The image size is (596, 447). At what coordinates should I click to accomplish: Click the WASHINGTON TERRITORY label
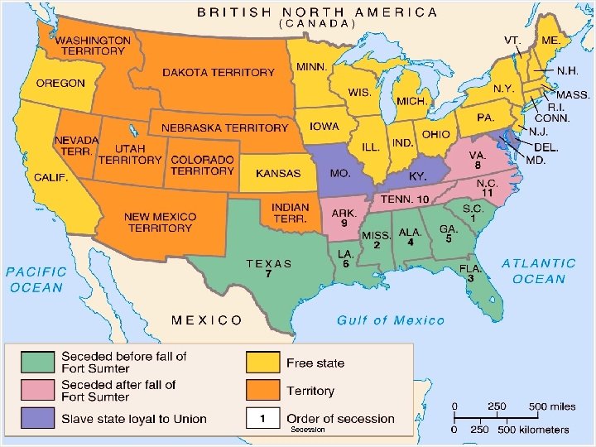click(93, 46)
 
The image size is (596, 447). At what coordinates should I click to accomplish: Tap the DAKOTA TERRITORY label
click(218, 73)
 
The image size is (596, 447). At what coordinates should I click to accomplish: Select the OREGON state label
click(60, 84)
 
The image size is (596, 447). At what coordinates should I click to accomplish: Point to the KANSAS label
click(278, 174)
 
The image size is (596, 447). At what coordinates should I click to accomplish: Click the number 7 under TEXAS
click(268, 274)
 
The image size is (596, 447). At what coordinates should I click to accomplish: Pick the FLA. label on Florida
click(470, 268)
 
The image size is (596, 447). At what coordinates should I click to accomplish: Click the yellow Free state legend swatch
click(262, 363)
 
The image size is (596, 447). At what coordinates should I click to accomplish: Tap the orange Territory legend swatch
click(262, 391)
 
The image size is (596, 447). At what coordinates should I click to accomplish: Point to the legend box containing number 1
click(262, 419)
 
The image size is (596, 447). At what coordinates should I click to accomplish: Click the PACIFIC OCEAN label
click(36, 280)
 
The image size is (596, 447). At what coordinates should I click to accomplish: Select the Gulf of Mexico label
click(391, 320)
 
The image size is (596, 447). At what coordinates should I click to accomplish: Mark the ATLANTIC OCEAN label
click(539, 271)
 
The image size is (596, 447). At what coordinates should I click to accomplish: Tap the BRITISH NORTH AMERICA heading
click(317, 12)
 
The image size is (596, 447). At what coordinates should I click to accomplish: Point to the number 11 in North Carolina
click(488, 193)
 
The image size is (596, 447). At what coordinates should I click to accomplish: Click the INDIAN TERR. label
click(290, 214)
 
